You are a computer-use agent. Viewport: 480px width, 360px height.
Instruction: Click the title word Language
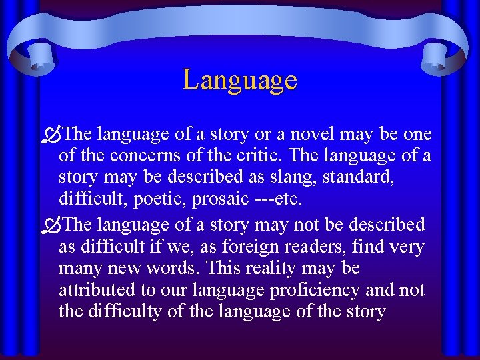click(240, 80)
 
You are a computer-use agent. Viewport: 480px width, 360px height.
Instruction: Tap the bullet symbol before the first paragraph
click(52, 135)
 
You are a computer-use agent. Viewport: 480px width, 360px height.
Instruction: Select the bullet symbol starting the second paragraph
click(52, 225)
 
